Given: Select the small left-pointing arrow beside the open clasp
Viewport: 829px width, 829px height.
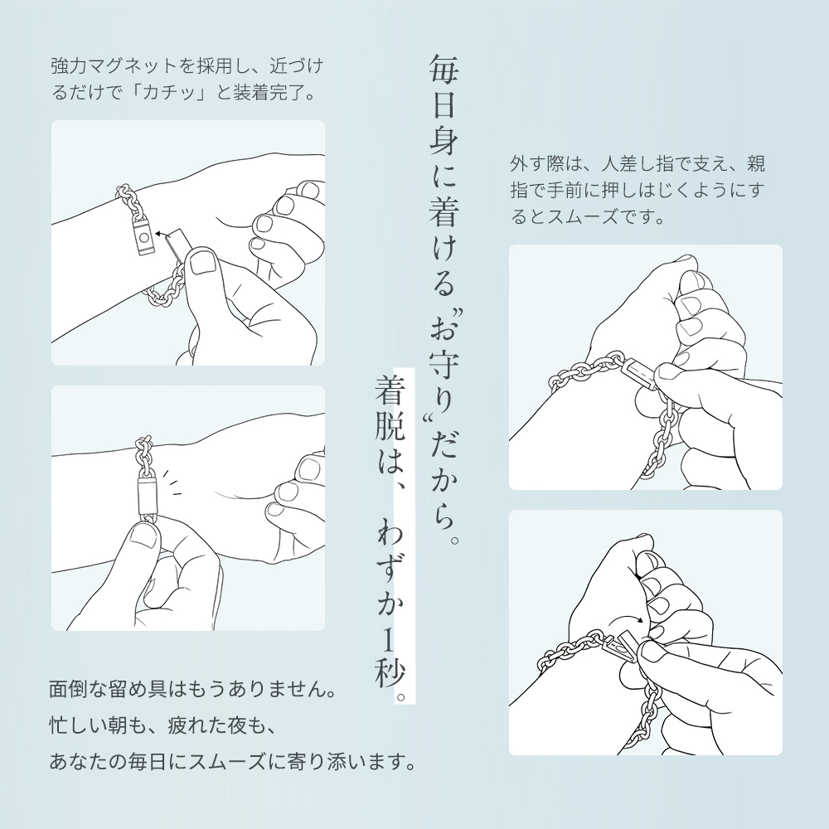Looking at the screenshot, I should click(x=160, y=234).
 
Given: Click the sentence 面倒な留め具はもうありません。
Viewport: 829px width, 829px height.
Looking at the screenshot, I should click(x=192, y=690).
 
